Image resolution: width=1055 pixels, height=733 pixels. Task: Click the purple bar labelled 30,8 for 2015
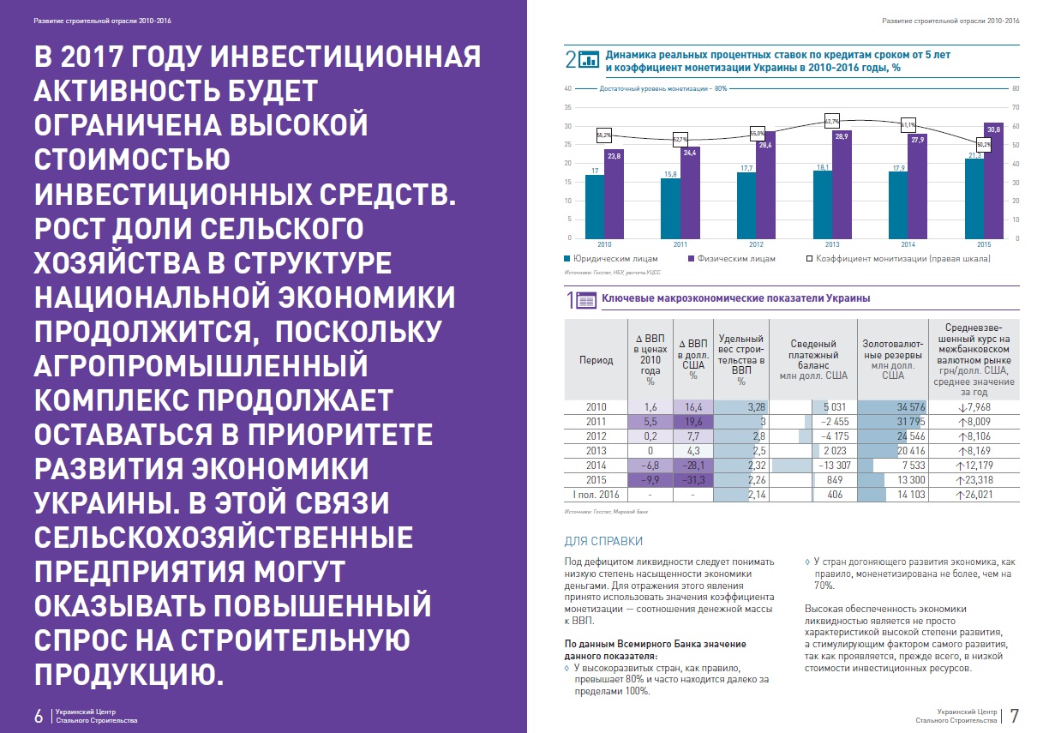click(x=993, y=181)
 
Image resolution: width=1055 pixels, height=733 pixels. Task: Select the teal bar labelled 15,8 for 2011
click(x=670, y=208)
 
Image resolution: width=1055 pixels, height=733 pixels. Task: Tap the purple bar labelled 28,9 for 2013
click(x=842, y=184)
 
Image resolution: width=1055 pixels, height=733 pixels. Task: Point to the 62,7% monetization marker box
click(x=832, y=121)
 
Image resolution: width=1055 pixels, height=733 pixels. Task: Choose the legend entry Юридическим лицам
click(x=611, y=259)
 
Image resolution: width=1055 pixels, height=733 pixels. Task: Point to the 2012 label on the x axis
click(x=756, y=244)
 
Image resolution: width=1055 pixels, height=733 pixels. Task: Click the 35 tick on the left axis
click(x=568, y=107)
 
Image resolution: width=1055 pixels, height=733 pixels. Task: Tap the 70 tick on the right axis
click(x=1016, y=107)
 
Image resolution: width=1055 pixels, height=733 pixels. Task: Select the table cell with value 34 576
click(x=892, y=407)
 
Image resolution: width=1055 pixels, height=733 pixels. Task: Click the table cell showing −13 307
click(x=813, y=466)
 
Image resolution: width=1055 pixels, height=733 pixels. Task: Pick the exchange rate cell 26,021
click(x=974, y=495)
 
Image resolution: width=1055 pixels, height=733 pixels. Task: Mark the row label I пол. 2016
click(x=596, y=495)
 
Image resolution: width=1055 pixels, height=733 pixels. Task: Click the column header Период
click(x=596, y=360)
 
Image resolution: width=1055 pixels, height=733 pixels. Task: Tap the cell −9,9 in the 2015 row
click(x=650, y=480)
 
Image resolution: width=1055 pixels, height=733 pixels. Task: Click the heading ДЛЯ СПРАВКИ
click(x=603, y=541)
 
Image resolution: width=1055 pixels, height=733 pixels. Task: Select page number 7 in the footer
click(x=1015, y=716)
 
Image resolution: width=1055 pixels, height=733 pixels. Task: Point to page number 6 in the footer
click(x=39, y=716)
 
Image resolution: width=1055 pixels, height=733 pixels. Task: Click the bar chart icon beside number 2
click(x=588, y=60)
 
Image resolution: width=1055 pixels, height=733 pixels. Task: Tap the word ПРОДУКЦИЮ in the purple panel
click(x=129, y=674)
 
